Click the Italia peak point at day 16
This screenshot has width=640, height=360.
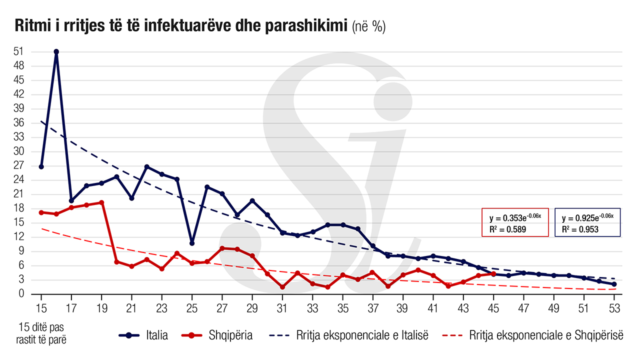tap(56, 51)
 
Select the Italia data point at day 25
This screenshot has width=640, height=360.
tap(192, 243)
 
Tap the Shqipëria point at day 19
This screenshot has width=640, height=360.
tap(101, 202)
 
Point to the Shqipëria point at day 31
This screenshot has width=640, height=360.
tap(282, 287)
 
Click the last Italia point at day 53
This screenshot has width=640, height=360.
tap(614, 284)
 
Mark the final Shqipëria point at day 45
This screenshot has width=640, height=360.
tap(493, 273)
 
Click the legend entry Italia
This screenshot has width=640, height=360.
tap(156, 335)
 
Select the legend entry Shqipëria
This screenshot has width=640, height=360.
tap(230, 335)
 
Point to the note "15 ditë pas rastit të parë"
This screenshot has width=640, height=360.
tap(42, 333)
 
